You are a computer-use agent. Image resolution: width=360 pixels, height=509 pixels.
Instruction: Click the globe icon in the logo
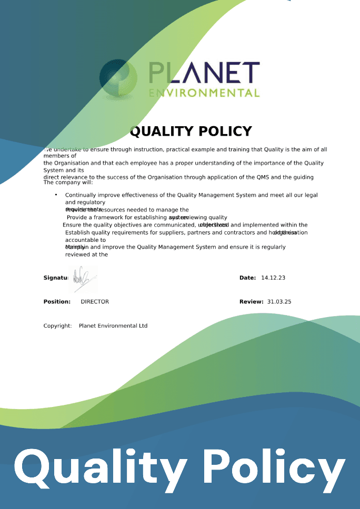point(118,79)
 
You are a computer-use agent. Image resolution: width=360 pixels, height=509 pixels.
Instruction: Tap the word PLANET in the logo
point(204,73)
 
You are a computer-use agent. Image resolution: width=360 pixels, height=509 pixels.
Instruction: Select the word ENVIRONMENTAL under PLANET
point(204,93)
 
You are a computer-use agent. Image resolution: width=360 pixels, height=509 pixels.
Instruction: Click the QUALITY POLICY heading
point(191,131)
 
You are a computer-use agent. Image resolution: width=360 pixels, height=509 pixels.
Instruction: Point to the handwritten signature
point(83,278)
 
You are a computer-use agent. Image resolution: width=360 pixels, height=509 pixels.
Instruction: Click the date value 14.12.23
point(273,278)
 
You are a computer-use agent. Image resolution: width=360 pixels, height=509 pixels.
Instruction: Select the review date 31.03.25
point(279,301)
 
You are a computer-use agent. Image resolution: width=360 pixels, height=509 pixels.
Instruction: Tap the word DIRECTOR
point(95,301)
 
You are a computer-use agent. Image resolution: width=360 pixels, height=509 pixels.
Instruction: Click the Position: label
point(57,301)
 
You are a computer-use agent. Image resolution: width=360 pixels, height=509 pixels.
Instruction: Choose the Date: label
point(247,278)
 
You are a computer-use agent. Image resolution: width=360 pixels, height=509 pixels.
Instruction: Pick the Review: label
point(251,301)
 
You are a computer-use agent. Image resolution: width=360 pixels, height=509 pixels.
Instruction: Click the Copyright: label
point(57,325)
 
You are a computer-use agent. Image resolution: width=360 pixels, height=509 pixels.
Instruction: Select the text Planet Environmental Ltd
point(113,325)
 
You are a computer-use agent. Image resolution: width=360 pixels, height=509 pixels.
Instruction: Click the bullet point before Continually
point(56,195)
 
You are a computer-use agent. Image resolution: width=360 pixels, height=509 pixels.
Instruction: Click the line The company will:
point(68,182)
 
